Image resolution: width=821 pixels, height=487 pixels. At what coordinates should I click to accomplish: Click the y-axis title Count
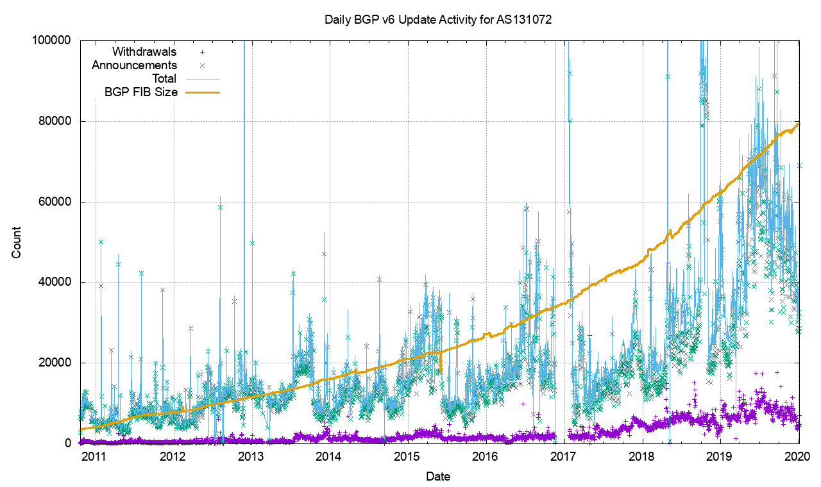coord(17,242)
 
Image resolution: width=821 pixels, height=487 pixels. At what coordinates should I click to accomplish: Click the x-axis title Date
coord(439,477)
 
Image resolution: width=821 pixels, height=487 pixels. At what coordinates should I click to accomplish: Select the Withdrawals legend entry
coord(144,52)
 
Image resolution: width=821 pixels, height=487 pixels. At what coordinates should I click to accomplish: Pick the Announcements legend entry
coord(134,65)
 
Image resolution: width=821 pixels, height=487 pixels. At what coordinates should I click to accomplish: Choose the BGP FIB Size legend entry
coord(140,92)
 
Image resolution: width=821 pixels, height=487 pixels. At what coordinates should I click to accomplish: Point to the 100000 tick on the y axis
coord(51,40)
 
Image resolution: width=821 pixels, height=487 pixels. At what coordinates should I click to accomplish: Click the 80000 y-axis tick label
coord(55,121)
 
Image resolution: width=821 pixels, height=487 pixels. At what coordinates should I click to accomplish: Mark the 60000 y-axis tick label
coord(55,202)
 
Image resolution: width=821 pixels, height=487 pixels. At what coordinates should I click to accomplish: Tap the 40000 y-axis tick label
coord(55,282)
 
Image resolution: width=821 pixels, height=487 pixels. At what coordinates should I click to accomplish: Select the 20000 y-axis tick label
coord(55,363)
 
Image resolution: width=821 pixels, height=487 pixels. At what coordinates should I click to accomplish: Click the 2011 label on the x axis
coord(95,457)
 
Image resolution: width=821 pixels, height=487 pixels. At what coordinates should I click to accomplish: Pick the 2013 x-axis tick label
coord(251,457)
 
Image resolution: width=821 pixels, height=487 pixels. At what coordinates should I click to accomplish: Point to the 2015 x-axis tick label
coord(407,457)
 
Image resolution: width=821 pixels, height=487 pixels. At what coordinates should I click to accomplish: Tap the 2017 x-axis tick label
coord(564,457)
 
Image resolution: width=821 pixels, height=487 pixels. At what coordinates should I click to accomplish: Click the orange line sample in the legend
coord(203,92)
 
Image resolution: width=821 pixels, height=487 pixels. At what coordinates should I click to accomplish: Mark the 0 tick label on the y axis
coord(67,443)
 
